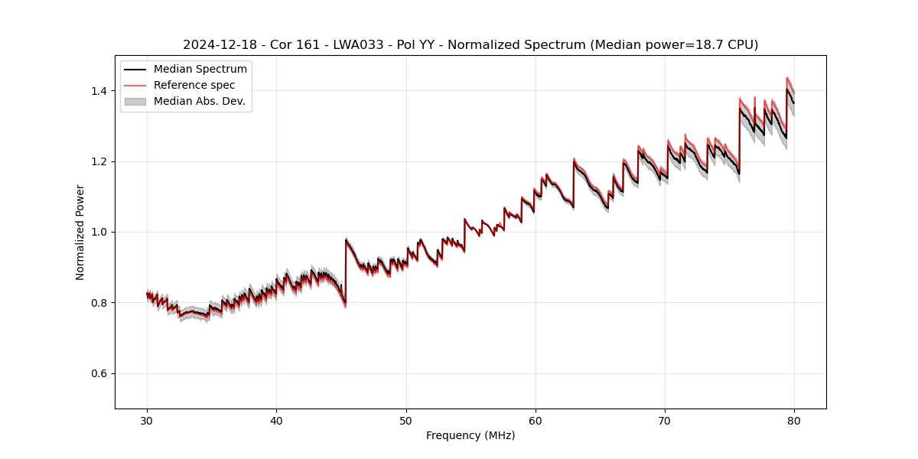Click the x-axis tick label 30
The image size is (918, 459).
tap(147, 421)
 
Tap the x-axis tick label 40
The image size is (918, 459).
tap(276, 421)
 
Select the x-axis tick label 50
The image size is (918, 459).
tap(406, 421)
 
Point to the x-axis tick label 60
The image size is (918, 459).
tap(535, 421)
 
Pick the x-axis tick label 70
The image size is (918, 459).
tap(665, 421)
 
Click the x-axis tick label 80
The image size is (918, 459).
tap(794, 421)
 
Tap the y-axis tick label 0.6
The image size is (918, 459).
tap(99, 373)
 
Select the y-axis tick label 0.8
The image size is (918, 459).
tap(99, 303)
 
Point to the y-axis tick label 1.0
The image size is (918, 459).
tap(99, 232)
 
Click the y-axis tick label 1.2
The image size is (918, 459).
tap(99, 161)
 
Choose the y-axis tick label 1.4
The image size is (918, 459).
tap(99, 91)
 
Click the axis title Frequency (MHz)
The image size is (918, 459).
tap(470, 435)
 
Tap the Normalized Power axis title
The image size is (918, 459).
tap(80, 232)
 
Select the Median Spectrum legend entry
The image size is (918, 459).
tap(200, 70)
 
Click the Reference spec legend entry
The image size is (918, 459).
tap(194, 86)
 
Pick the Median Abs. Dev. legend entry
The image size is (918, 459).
tap(199, 101)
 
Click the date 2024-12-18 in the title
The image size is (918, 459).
tap(215, 45)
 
